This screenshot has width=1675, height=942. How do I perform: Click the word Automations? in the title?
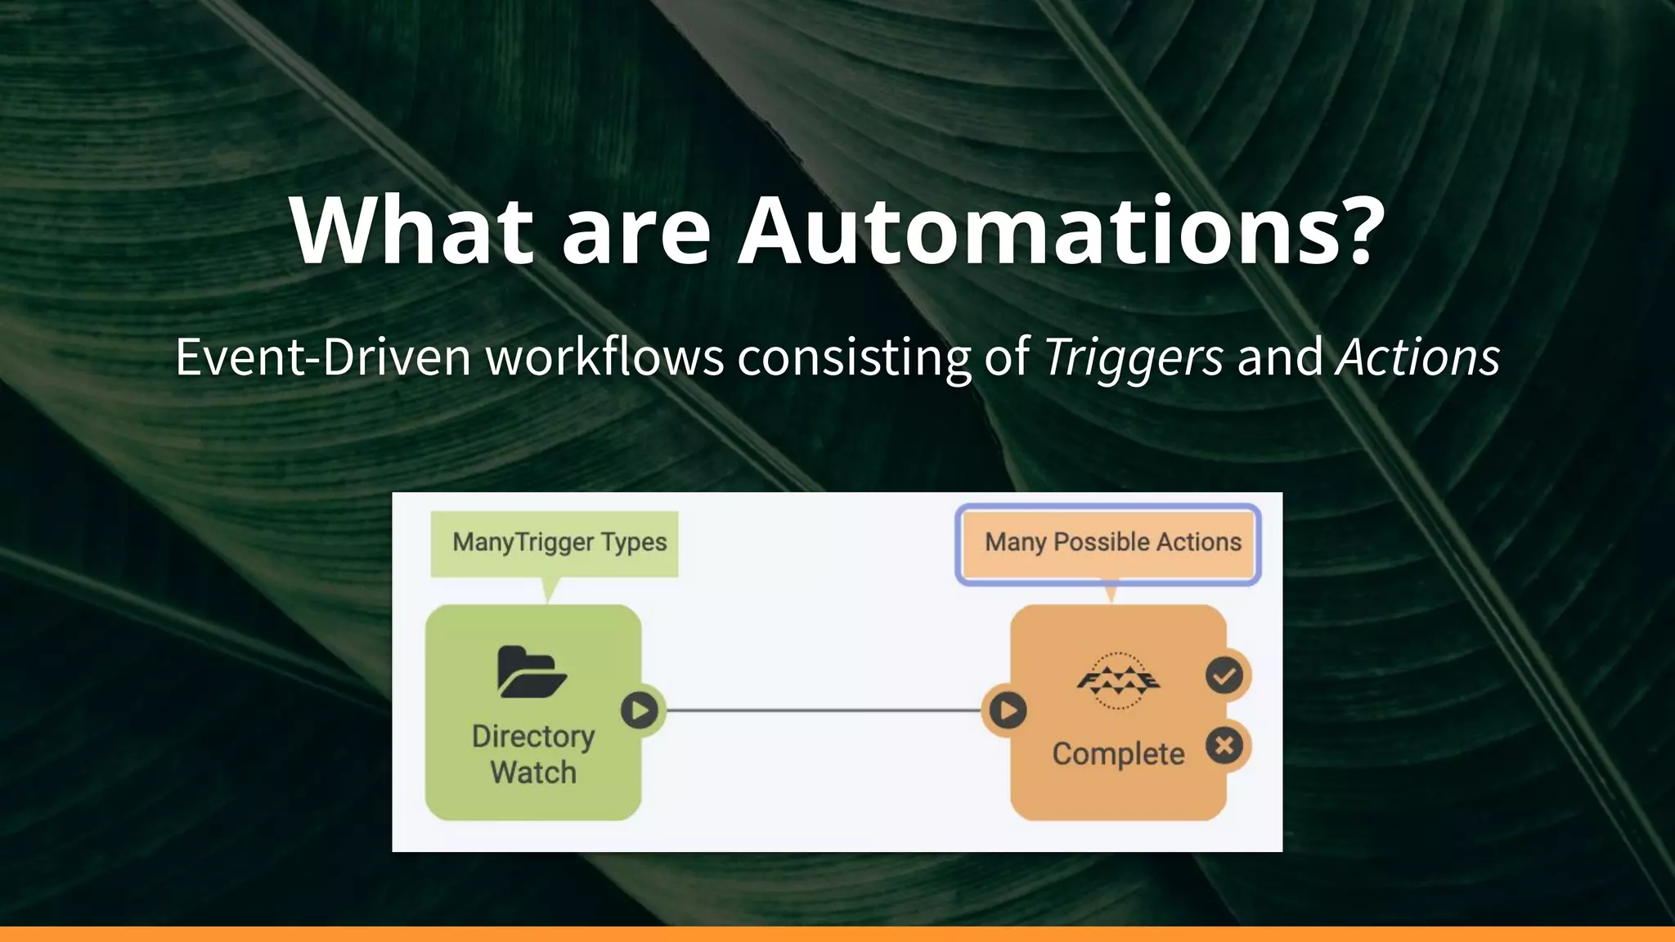tap(1061, 231)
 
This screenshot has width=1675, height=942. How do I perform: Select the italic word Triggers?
tap(1134, 358)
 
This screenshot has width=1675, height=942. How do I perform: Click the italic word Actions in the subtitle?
tap(1417, 358)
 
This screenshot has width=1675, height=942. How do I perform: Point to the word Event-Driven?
tap(323, 358)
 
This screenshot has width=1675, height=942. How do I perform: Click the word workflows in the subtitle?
tap(605, 358)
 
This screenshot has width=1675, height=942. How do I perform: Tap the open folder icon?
tap(532, 672)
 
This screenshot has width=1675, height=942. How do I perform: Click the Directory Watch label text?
tap(533, 754)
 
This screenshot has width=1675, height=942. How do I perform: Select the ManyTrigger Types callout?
tap(555, 543)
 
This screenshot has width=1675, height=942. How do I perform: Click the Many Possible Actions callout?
tap(1109, 543)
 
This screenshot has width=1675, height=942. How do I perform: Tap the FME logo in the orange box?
tap(1117, 680)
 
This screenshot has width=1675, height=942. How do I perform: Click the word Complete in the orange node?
tap(1117, 754)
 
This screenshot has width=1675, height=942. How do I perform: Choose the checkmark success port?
tap(1224, 676)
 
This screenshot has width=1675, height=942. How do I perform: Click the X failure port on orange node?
tap(1224, 746)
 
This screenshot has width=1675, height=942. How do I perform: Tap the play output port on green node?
tap(640, 710)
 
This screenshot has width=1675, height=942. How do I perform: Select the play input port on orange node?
tap(1008, 710)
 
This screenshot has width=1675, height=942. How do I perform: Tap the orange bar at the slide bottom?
tap(837, 934)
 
